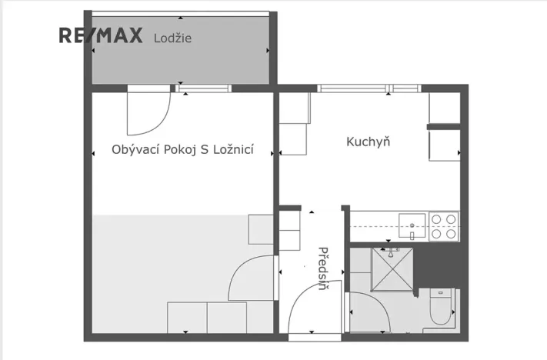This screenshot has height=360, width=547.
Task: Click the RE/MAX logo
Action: [102, 36]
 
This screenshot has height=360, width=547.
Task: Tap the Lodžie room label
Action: [172, 37]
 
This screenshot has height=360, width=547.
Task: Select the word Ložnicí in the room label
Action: [234, 149]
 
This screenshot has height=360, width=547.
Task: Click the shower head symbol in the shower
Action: [392, 252]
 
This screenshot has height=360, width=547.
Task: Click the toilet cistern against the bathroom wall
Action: [441, 293]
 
